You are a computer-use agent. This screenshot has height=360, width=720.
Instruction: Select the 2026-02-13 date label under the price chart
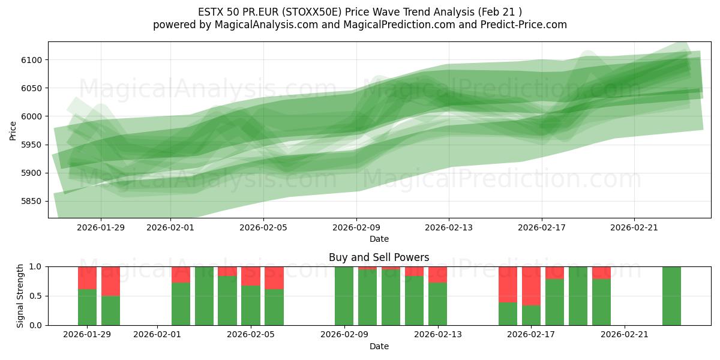449,227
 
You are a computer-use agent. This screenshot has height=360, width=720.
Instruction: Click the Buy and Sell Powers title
379,257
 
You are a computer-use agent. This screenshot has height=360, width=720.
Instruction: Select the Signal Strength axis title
20,296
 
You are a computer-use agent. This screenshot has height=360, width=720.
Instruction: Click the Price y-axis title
13,130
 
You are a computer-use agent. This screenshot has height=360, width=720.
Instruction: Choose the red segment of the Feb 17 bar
532,286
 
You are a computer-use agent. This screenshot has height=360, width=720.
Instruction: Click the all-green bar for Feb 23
671,296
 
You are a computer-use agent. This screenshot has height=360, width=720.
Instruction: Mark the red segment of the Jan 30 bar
110,281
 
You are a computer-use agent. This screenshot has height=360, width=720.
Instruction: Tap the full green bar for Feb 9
344,296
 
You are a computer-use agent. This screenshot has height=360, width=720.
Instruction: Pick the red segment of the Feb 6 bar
274,278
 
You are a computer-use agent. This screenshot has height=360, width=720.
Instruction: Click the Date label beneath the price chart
379,239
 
